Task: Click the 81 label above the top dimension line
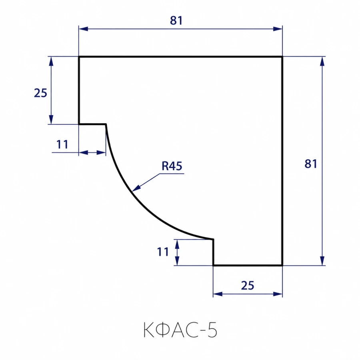click(176, 20)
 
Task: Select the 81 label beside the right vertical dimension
click(311, 164)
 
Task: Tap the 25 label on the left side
click(40, 93)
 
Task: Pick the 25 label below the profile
click(248, 285)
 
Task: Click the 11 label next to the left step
click(62, 144)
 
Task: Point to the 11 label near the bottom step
click(163, 252)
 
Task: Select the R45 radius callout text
click(172, 166)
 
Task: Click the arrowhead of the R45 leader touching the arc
click(132, 191)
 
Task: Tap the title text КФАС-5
click(180, 330)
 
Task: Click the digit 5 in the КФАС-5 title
click(212, 330)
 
